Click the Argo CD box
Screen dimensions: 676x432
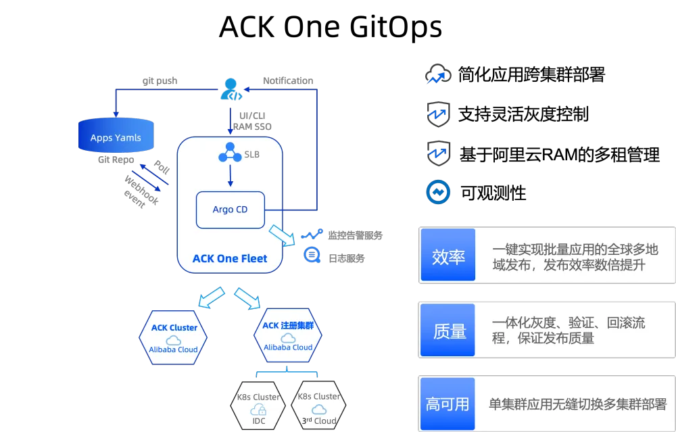click(x=231, y=210)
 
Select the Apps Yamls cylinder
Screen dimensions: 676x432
click(x=116, y=135)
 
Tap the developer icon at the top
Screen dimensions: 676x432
click(x=231, y=89)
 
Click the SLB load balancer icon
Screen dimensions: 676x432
click(x=230, y=152)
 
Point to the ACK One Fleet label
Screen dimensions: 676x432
click(x=230, y=259)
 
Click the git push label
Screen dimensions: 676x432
click(x=160, y=80)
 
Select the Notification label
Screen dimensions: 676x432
click(x=288, y=80)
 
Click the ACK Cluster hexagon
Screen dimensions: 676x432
click(x=173, y=337)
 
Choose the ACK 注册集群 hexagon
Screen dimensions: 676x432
click(x=288, y=335)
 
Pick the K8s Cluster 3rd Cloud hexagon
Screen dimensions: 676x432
click(x=319, y=405)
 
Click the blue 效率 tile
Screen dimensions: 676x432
click(x=448, y=255)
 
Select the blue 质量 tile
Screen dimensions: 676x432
click(x=448, y=330)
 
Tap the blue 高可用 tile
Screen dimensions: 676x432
click(x=448, y=404)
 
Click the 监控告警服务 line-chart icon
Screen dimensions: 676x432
click(x=312, y=235)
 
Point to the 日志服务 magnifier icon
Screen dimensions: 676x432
click(x=312, y=256)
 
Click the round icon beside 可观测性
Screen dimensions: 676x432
click(x=438, y=192)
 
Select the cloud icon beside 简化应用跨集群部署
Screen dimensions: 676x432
click(x=438, y=74)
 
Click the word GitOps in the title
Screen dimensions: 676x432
click(x=395, y=28)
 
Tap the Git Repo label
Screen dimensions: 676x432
click(x=116, y=160)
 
